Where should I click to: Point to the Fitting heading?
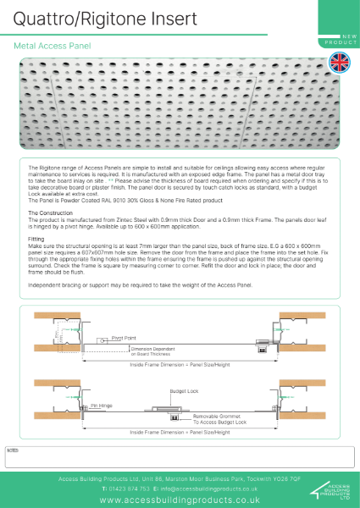pos(36,238)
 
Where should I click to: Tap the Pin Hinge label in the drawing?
pos(102,406)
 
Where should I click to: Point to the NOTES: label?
pos(12,450)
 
